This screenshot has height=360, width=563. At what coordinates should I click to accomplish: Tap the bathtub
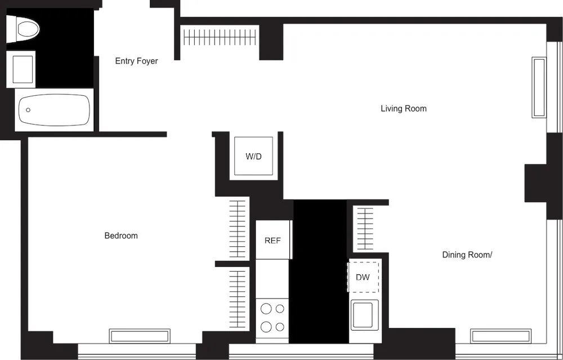[54, 110]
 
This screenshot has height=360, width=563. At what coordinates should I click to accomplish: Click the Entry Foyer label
[136, 61]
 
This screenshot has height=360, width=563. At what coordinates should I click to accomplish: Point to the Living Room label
[403, 108]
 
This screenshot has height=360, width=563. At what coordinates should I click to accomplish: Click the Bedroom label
[121, 235]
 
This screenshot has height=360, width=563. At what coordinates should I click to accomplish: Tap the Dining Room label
[467, 255]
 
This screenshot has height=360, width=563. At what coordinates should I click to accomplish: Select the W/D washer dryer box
[253, 156]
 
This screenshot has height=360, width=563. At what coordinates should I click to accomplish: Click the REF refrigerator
[272, 240]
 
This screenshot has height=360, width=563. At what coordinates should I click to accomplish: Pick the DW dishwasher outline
[363, 277]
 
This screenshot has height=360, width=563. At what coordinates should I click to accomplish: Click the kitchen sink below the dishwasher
[362, 314]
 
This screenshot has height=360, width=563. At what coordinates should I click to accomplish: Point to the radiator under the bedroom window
[140, 336]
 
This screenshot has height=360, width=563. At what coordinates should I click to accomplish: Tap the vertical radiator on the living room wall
[539, 87]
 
